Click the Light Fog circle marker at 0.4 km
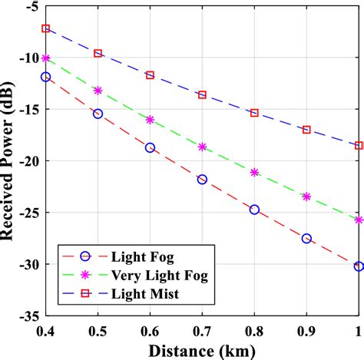(x=46, y=77)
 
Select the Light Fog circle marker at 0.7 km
(x=202, y=179)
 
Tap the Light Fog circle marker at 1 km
(x=359, y=245)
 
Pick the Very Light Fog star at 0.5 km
(x=98, y=91)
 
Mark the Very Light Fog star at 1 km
(x=359, y=220)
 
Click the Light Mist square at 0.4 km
(x=46, y=28)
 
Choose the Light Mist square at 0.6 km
(x=150, y=75)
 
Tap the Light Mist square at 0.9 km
(x=306, y=130)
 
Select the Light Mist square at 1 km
(x=359, y=145)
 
